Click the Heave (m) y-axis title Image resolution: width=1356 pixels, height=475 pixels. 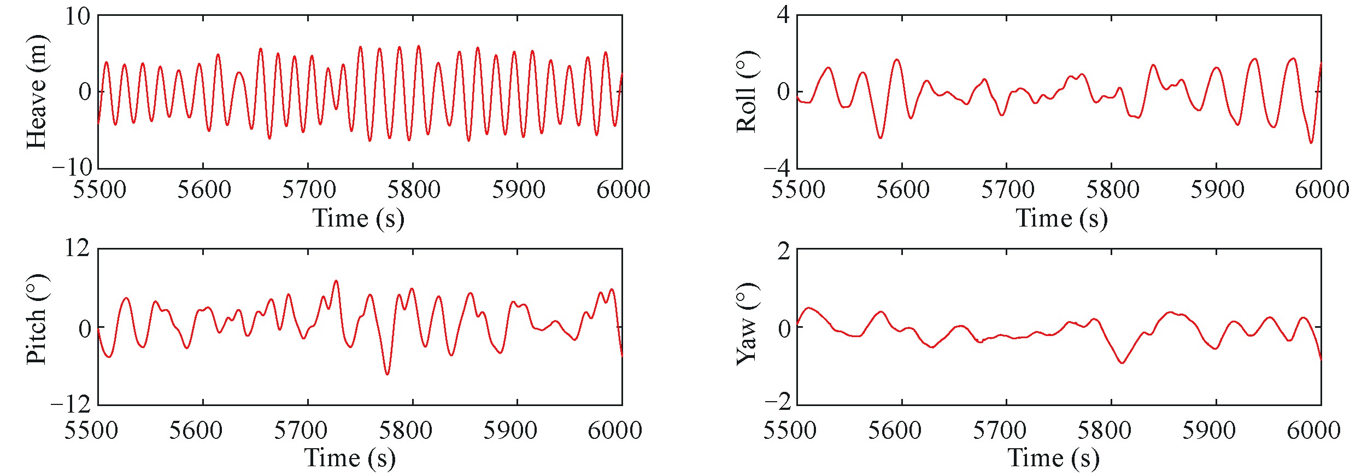[x=37, y=92]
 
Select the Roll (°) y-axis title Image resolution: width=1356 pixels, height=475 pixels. [x=747, y=92]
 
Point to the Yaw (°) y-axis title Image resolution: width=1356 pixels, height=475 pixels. [x=747, y=324]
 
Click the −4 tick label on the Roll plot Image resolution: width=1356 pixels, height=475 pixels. [x=777, y=167]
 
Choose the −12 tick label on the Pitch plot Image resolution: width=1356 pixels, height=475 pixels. [x=71, y=404]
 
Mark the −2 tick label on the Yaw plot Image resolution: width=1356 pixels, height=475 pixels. [x=777, y=402]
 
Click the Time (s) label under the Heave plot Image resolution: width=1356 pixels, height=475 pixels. [x=358, y=218]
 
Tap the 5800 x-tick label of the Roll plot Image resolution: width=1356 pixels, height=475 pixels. [x=1112, y=190]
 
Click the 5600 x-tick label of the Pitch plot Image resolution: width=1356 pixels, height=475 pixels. [x=196, y=430]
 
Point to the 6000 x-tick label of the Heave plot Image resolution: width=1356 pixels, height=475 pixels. [x=623, y=190]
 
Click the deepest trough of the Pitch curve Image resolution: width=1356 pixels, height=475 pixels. [x=388, y=374]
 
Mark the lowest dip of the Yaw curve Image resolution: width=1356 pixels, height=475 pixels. [x=1123, y=363]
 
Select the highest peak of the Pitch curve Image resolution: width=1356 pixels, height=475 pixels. [x=336, y=281]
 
